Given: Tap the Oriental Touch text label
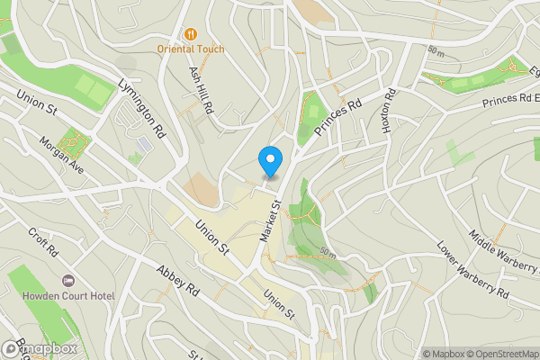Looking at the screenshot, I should (191, 49).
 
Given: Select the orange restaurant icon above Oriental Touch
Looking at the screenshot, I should (191, 33).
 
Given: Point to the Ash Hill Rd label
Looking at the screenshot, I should (201, 87).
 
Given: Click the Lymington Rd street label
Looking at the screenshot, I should (141, 105).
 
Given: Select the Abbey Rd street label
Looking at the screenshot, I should (176, 280).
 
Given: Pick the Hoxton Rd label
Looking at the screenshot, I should (389, 113).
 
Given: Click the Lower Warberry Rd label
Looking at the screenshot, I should (472, 271).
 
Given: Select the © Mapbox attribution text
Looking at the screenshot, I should (443, 354).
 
